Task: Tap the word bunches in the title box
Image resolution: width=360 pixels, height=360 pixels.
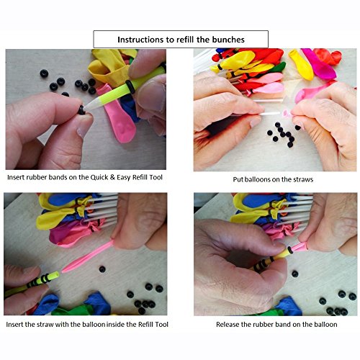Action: click(x=228, y=40)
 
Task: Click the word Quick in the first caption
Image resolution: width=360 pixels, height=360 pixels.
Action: click(x=99, y=177)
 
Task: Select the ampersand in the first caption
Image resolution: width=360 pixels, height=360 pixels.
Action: click(x=112, y=177)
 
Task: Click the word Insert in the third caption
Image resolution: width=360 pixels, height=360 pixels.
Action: click(x=14, y=325)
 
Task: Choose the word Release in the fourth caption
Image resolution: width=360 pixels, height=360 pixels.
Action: click(x=228, y=325)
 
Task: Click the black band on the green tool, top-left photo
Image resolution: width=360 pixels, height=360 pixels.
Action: click(x=130, y=86)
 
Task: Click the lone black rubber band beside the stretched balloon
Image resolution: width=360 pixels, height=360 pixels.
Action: click(x=102, y=269)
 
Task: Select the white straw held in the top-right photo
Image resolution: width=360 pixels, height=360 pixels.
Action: click(x=270, y=114)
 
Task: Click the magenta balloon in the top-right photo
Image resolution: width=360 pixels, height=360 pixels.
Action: click(x=318, y=63)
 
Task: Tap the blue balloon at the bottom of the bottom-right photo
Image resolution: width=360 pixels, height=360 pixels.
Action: click(x=289, y=307)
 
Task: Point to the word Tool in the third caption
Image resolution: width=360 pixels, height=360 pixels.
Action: click(x=161, y=325)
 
